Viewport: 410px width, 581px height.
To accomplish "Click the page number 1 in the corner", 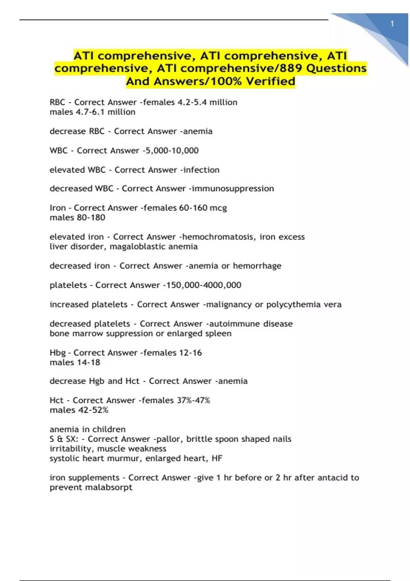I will coord(392,24).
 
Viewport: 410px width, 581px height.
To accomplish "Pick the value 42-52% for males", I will coord(93,410).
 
